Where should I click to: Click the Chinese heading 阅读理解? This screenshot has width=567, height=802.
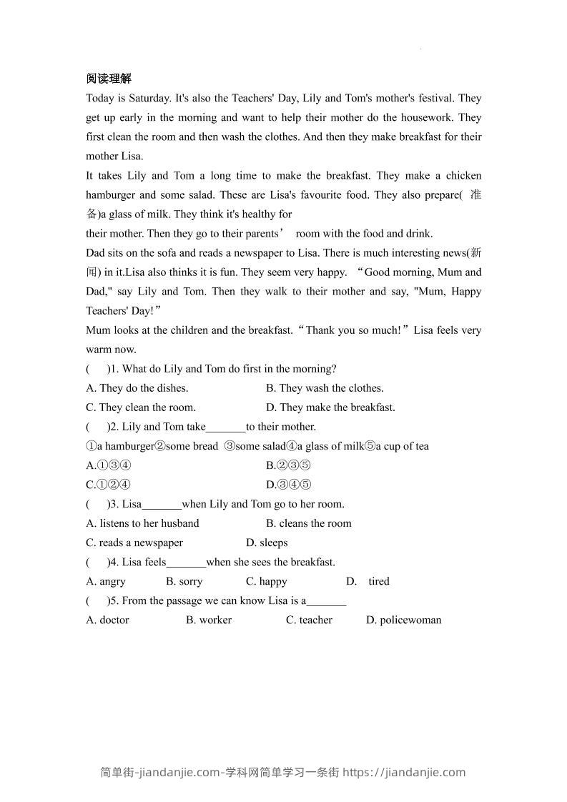(x=109, y=79)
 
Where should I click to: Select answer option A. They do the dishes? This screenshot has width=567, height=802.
(x=137, y=388)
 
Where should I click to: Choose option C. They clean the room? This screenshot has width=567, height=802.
(x=140, y=407)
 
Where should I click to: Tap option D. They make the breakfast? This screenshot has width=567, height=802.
(x=330, y=407)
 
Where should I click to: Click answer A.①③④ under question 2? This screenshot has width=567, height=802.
(x=108, y=465)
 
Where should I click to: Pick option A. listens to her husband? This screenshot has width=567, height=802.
(x=142, y=523)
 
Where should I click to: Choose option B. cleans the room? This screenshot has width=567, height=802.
(x=309, y=523)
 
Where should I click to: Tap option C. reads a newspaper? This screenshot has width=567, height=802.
(x=134, y=543)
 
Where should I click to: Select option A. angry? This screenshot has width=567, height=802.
(x=106, y=581)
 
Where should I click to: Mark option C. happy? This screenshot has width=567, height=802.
(x=267, y=581)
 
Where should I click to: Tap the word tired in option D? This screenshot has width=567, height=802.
(x=379, y=581)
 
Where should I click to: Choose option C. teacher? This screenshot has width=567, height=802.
(x=309, y=620)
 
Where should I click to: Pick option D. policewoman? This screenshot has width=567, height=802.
(x=404, y=620)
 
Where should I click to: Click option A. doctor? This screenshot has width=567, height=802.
(x=107, y=620)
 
